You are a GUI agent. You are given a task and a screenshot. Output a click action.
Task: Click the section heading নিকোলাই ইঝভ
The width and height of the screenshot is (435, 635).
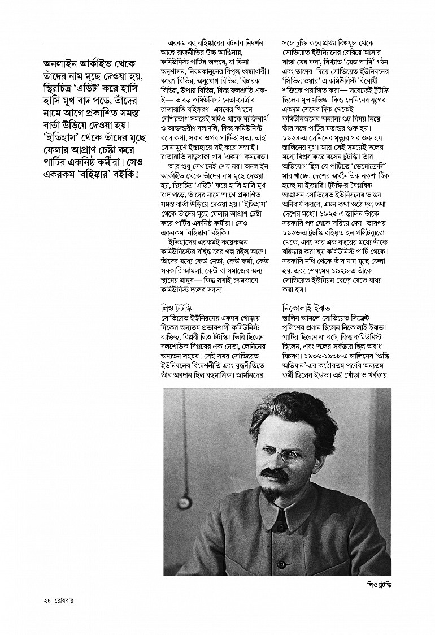(306, 309)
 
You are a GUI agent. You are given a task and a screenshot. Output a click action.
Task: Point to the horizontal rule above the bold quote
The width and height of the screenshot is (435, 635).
(97, 41)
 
